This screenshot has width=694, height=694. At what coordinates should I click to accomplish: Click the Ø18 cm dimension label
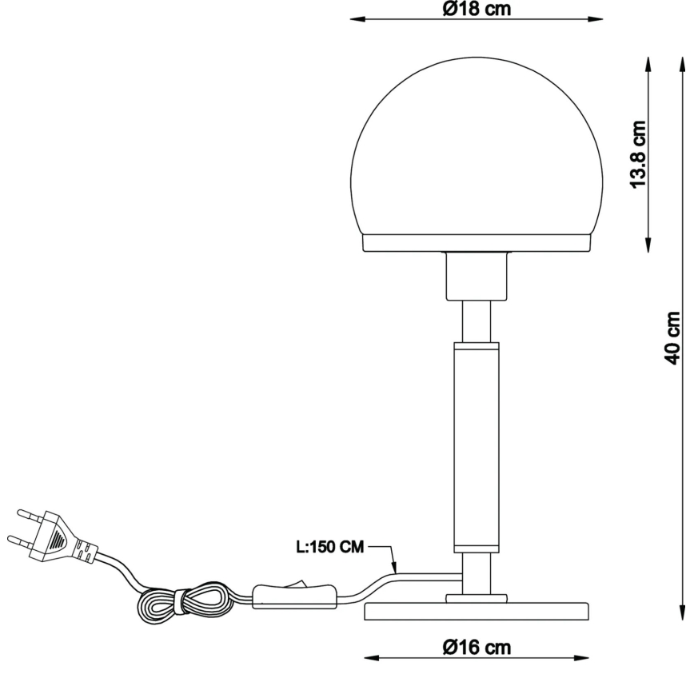pos(477,9)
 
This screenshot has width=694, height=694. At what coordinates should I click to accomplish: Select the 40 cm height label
pos(674,335)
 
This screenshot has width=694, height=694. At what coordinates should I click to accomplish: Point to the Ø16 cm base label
pos(477,648)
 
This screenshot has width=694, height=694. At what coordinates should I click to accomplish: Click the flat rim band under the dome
pos(477,243)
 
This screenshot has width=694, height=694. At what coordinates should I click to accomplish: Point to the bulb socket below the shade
pos(477,276)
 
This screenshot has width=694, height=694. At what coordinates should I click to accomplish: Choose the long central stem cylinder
pos(477,448)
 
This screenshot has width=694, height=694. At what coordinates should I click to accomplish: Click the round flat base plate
pos(477,612)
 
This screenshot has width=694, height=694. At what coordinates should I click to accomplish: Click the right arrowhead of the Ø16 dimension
pos(588,658)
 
